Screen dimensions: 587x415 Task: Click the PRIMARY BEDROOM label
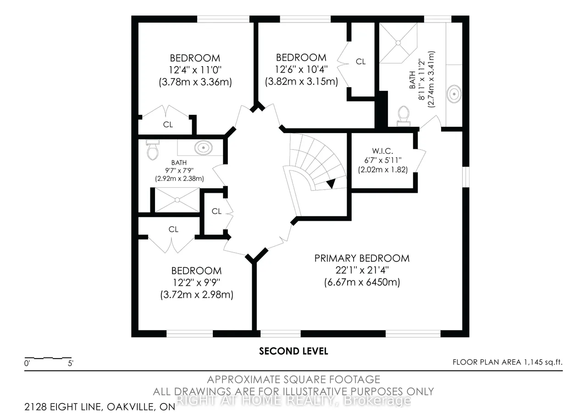pos(362,258)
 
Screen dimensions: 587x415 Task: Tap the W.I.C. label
pos(382,151)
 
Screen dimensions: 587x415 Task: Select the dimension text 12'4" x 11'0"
pos(195,70)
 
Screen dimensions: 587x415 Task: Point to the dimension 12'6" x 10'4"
pos(301,69)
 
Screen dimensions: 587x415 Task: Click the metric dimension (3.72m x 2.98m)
pos(197,295)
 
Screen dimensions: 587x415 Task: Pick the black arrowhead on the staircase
pos(331,183)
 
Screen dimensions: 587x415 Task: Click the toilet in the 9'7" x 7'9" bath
pos(153,150)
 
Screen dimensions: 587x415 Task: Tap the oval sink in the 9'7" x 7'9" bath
pos(203,148)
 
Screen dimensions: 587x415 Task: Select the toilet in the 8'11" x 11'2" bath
pos(404,116)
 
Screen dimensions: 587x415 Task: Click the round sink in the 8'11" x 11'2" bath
pos(454,94)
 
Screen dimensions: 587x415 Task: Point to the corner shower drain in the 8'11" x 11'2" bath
pos(398,43)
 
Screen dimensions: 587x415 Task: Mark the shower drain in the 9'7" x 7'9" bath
pos(177,200)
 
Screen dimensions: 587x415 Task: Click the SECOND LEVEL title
pos(293,351)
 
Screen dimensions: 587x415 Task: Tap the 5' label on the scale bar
pos(71,363)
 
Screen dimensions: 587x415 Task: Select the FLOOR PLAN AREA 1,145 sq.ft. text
pos(508,362)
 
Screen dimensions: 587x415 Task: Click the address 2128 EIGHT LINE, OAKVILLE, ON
pos(100,407)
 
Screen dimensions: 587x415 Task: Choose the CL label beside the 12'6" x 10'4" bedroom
pos(360,62)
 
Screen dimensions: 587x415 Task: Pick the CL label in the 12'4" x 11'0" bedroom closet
pos(168,124)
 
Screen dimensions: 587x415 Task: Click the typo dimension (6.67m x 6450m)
pos(362,282)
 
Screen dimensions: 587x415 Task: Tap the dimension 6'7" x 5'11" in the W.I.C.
pos(383,160)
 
